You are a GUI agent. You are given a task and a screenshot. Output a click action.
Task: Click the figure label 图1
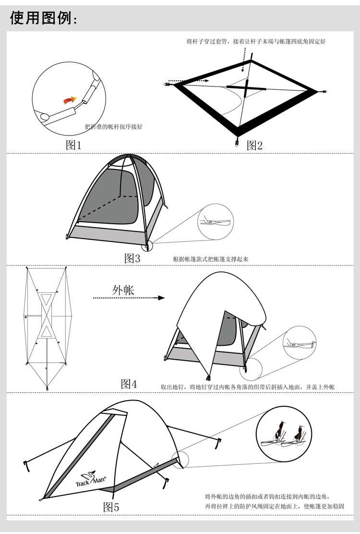74,145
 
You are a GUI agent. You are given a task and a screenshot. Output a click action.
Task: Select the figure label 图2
254,145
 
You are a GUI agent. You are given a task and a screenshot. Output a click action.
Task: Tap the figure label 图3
132,258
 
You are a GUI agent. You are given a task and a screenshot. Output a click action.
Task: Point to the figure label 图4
129,384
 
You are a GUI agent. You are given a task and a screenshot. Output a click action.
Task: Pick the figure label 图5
111,507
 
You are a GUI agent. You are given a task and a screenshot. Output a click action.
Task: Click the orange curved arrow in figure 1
70,100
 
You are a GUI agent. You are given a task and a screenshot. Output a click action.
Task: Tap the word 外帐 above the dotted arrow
123,290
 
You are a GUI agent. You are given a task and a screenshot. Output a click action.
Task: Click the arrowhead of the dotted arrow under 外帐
161,298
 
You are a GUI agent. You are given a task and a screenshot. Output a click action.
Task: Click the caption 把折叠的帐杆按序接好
114,127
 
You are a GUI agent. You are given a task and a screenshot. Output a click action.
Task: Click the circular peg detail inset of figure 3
215,222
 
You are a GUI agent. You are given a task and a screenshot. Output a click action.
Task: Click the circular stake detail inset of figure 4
300,343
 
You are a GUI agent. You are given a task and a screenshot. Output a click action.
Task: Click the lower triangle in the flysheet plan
47,331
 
